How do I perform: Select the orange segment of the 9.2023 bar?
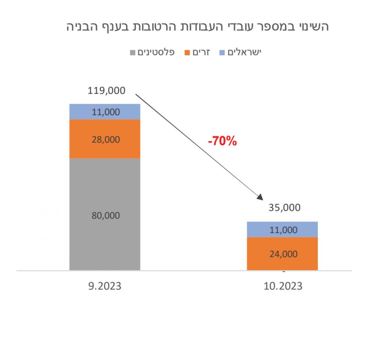tap(105, 146)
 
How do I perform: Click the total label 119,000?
tap(106, 90)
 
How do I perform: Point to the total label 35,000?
tap(284, 208)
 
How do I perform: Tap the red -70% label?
tap(222, 141)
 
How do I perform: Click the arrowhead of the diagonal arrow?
tap(260, 197)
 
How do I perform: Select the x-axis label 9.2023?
tap(104, 286)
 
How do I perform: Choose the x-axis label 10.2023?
tap(283, 286)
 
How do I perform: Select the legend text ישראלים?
tap(245, 52)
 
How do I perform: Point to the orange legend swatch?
tap(188, 53)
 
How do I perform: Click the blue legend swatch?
tap(222, 53)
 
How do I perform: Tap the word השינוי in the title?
tap(312, 27)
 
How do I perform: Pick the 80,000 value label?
tap(105, 216)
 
